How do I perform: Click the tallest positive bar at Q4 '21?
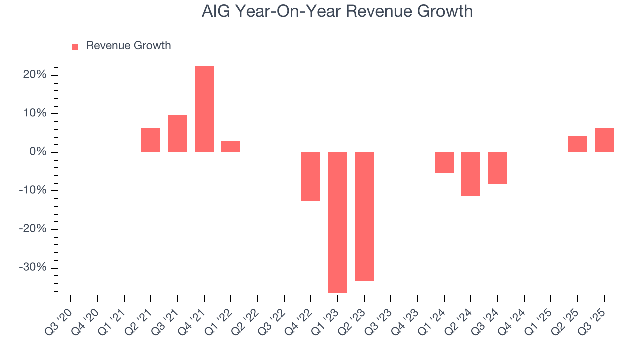[204, 109]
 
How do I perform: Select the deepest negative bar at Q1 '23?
[338, 222]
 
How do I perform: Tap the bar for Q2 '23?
[364, 216]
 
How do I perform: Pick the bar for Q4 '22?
[311, 177]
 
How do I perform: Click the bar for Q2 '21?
[151, 140]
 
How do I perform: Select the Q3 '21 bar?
[178, 134]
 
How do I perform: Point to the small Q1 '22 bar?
[231, 147]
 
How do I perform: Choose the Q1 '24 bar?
[444, 163]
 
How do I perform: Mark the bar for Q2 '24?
[471, 174]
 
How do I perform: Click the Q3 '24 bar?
[498, 168]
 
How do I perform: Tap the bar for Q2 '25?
[577, 144]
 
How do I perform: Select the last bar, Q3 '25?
[604, 140]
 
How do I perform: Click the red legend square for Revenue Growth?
[75, 46]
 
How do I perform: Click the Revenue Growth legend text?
[128, 46]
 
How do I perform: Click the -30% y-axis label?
[33, 267]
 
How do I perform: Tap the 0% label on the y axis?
[38, 152]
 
